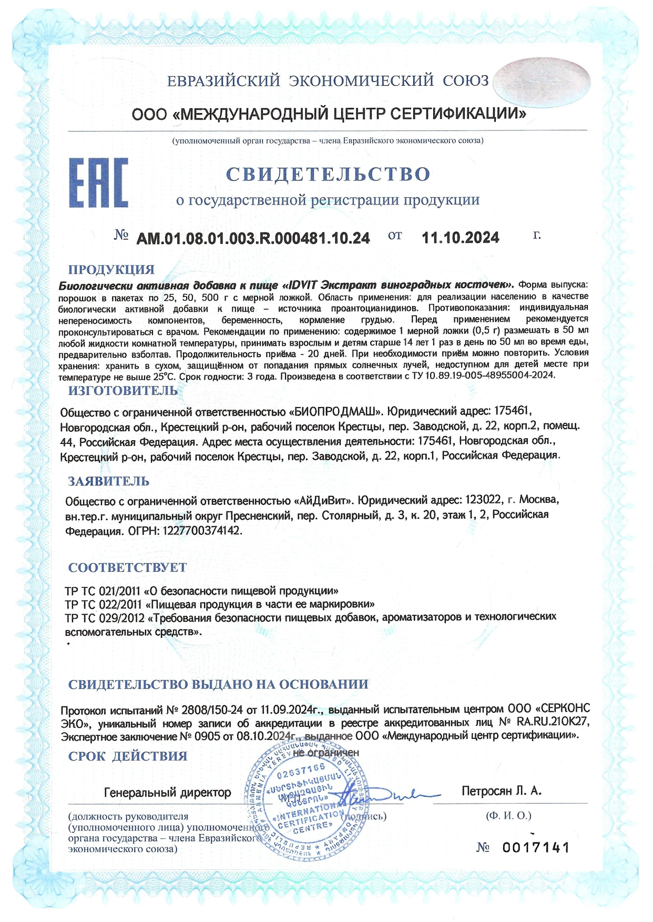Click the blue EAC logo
98,182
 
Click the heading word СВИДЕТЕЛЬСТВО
328,174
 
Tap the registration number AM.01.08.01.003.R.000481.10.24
253,238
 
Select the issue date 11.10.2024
461,238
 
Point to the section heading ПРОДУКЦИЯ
111,269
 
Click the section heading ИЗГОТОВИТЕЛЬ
123,391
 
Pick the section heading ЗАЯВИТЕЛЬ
109,481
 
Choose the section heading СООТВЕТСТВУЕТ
127,568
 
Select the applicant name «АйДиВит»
325,500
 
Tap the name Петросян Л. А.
501,791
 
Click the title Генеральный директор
167,792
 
